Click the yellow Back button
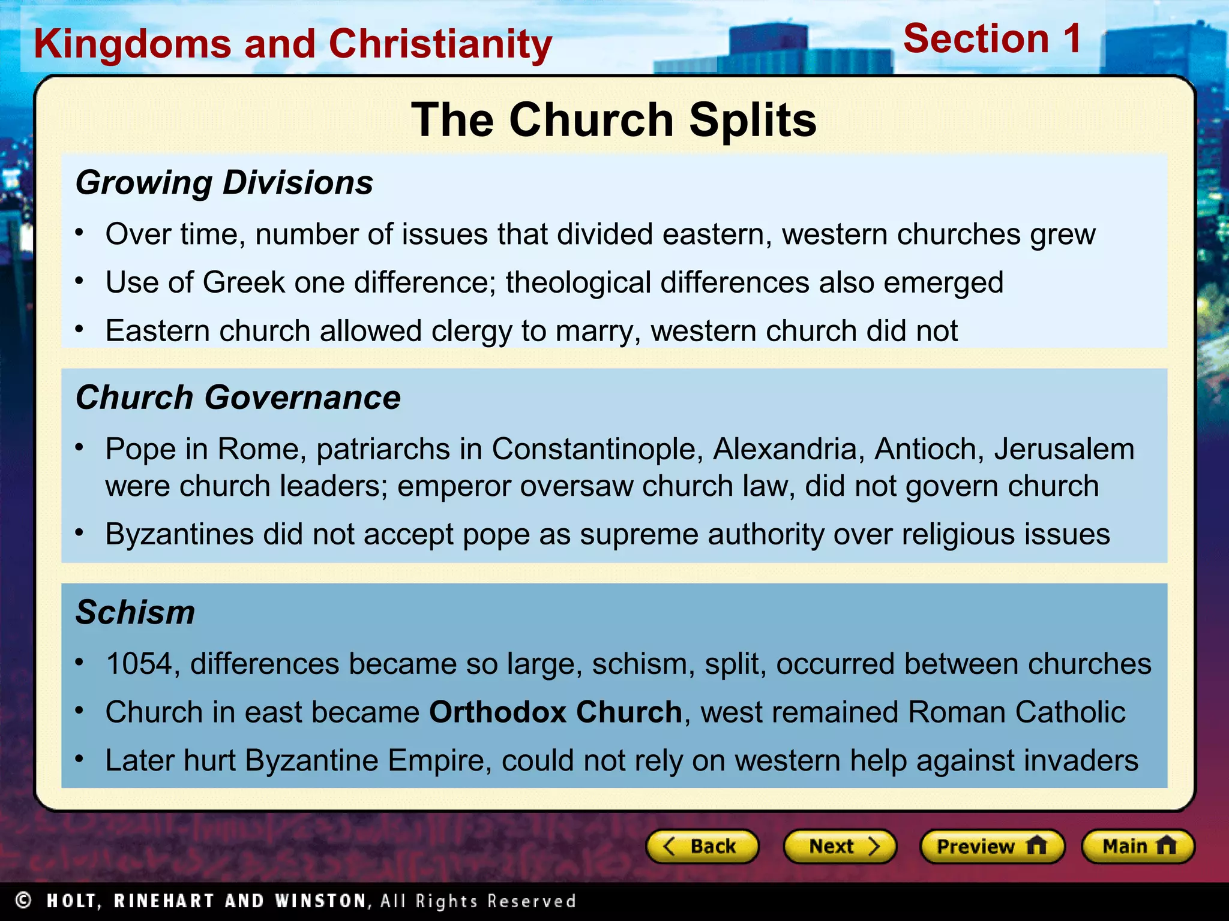click(702, 846)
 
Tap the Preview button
click(992, 846)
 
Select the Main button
click(1138, 846)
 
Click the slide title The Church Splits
click(613, 120)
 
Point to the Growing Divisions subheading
click(224, 183)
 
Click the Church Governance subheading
click(238, 398)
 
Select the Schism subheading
click(135, 613)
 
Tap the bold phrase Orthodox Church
click(556, 712)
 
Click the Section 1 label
click(992, 39)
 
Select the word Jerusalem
click(1064, 449)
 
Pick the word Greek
click(244, 282)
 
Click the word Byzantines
click(179, 534)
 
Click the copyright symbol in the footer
click(23, 901)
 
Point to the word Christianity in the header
click(440, 44)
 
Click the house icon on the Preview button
click(1036, 845)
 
